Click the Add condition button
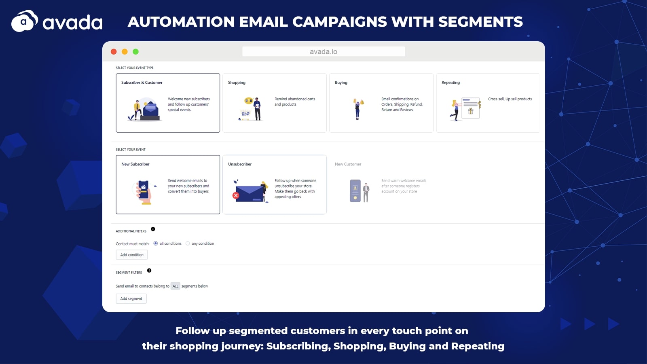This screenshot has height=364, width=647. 132,254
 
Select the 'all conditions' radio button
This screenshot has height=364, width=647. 155,243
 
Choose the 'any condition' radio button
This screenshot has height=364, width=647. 188,243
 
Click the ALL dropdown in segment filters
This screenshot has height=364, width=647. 175,286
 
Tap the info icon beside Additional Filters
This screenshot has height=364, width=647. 153,229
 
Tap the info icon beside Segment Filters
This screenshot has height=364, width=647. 149,271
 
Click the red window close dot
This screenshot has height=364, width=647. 114,51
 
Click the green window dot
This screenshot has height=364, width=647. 135,51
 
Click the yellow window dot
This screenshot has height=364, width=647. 125,51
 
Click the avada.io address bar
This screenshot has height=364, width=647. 323,51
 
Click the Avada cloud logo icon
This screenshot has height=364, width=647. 25,21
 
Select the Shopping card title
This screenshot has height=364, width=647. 237,83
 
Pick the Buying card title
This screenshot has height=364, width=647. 341,83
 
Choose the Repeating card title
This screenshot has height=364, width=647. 450,83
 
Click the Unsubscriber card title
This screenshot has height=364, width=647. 240,164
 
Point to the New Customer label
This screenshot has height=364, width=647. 348,164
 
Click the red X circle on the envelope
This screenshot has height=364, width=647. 236,196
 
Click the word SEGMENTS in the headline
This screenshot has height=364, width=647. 480,22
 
